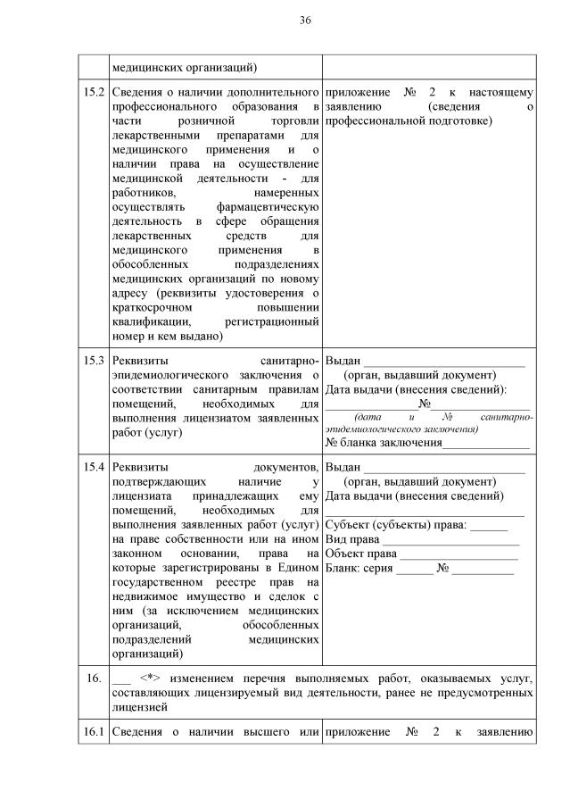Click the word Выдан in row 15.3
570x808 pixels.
[x=343, y=360]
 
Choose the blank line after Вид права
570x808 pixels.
[x=450, y=538]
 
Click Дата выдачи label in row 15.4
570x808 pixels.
[x=360, y=496]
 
